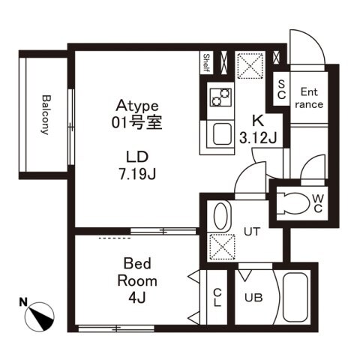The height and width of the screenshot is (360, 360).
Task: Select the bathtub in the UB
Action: click(x=295, y=301)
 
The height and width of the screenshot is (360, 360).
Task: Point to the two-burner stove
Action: click(x=221, y=97)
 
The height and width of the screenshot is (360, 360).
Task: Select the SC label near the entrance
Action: click(x=281, y=90)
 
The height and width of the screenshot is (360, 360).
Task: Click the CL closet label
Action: click(x=217, y=298)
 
